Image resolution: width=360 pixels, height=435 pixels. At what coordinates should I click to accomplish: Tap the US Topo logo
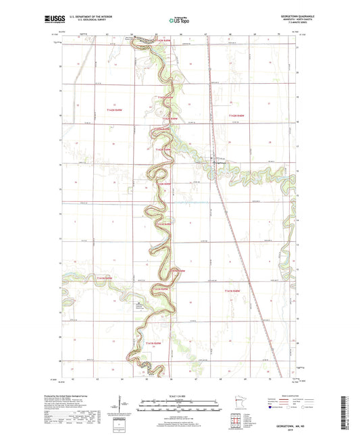[x=177, y=20]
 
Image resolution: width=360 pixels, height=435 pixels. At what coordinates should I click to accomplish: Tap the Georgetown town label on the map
[x=221, y=163]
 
